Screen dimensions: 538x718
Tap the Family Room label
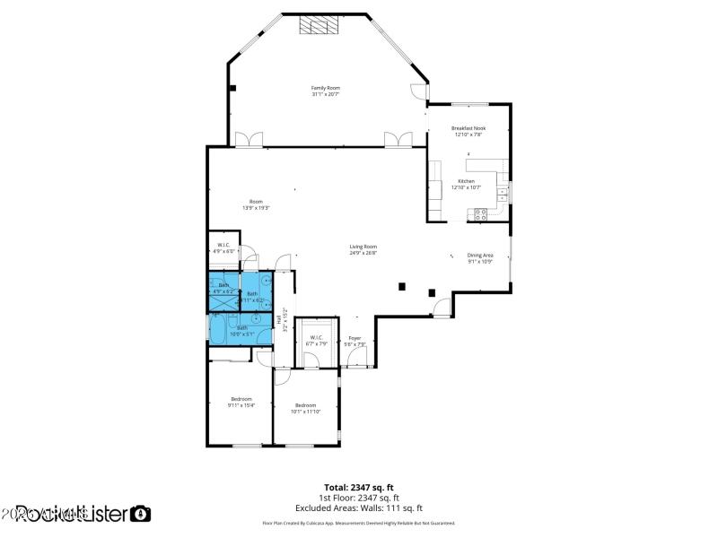(325, 88)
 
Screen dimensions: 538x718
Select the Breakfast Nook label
(468, 128)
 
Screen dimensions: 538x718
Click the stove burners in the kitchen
(480, 214)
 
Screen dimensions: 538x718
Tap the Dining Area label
(480, 255)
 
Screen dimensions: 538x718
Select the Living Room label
(363, 247)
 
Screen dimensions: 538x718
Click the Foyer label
(355, 338)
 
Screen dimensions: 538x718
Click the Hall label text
(279, 318)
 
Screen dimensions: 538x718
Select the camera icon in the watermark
(141, 514)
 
